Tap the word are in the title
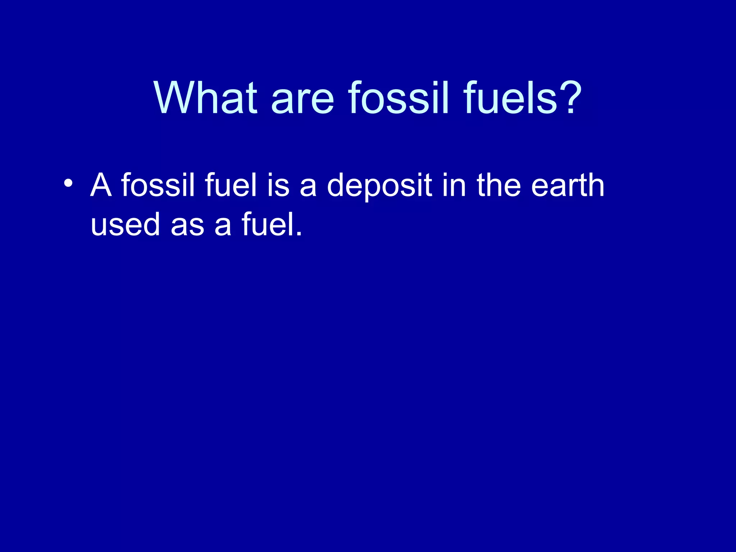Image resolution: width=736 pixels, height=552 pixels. coord(303,98)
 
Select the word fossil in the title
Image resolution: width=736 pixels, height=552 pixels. coord(399,98)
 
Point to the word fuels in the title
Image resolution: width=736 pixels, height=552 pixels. coord(510,98)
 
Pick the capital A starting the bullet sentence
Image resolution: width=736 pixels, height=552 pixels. coord(101,185)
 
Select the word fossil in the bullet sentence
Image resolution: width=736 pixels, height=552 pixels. coord(158,185)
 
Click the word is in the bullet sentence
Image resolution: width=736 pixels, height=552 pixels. coord(278,185)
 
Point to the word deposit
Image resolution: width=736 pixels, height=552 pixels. coord(379,185)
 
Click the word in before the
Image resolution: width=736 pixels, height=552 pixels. coord(454,185)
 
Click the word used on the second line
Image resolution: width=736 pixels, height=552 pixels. coord(125,224)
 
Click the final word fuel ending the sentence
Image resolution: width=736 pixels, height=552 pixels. coord(267,224)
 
